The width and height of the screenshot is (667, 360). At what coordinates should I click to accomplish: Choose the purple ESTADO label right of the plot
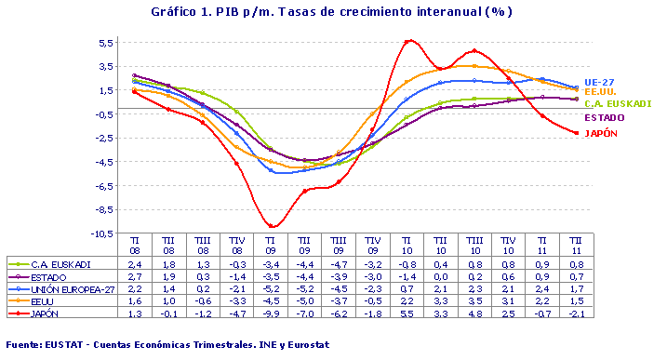pyautogui.click(x=604, y=118)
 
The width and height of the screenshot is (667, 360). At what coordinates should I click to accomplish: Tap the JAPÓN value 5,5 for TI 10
pyautogui.click(x=407, y=313)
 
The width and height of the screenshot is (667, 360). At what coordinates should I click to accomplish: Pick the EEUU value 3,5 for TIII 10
pyautogui.click(x=474, y=301)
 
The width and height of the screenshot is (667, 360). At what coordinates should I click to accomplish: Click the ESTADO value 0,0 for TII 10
pyautogui.click(x=441, y=277)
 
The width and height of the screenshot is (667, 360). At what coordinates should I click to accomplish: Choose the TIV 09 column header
pyautogui.click(x=373, y=245)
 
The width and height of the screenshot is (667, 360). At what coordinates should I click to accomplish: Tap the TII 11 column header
pyautogui.click(x=576, y=245)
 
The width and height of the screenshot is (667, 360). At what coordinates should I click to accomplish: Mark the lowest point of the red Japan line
pyautogui.click(x=272, y=226)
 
